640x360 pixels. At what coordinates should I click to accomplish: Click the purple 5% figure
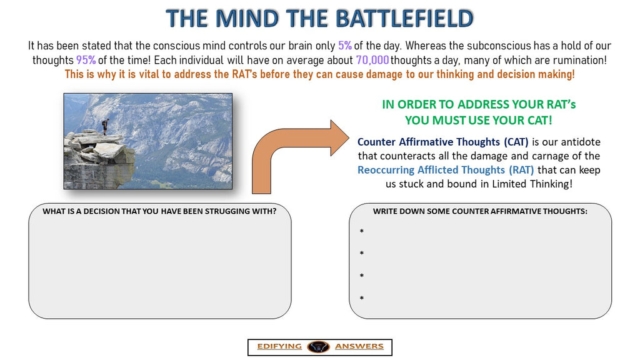coord(345,46)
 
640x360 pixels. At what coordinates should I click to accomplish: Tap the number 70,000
coord(372,60)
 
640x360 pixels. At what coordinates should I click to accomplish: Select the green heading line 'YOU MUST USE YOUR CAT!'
coord(479,120)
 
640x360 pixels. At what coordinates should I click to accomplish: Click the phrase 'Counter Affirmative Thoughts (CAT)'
coord(443,142)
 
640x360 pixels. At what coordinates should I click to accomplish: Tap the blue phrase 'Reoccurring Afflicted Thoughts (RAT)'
coord(446,170)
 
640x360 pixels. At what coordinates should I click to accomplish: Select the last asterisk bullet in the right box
coord(362,299)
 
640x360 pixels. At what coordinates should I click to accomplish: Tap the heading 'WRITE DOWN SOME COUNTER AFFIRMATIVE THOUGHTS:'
coord(480,211)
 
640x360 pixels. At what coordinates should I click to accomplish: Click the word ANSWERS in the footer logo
coord(359,346)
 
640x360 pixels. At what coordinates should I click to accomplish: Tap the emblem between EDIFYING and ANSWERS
coord(317,346)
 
